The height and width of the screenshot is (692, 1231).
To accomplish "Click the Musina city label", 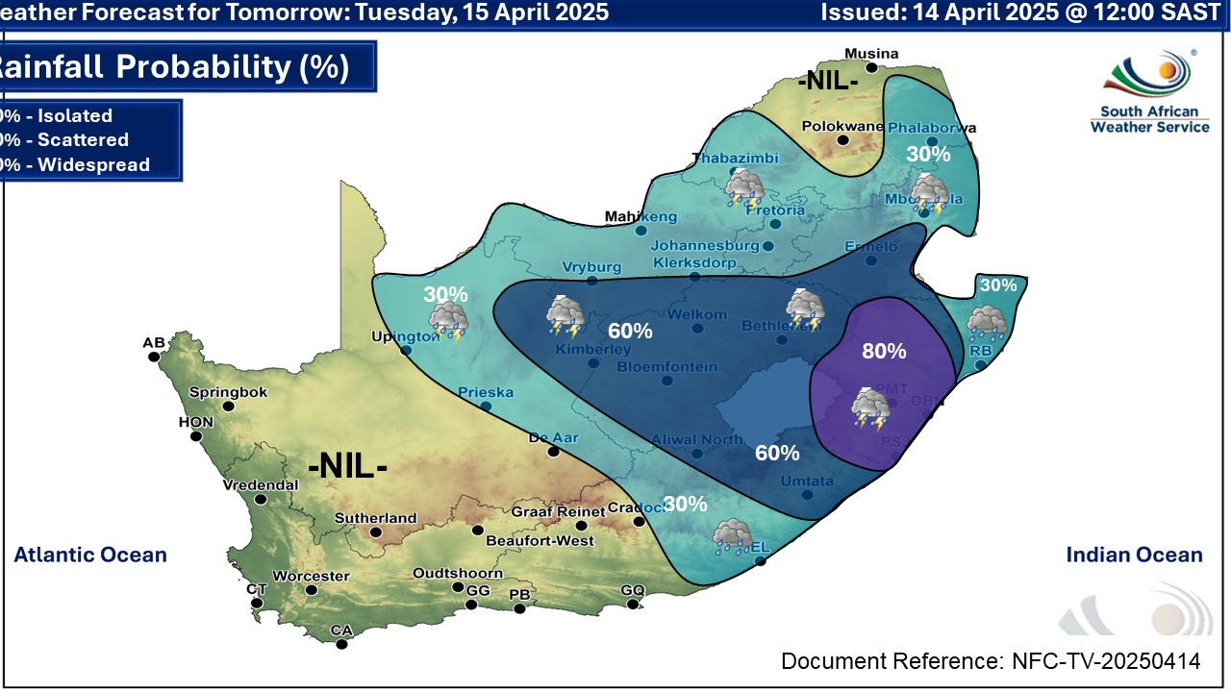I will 870,54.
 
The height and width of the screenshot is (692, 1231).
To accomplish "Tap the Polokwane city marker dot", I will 842,140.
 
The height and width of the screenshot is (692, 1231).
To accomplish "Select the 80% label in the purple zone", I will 883,352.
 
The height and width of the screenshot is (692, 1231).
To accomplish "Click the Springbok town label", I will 228,392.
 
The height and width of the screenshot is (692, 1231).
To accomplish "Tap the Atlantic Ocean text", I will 90,555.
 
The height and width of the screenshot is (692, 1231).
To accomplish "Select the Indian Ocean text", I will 1134,555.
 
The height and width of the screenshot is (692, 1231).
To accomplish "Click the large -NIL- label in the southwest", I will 347,468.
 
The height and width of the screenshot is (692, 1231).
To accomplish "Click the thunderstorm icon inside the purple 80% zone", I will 869,408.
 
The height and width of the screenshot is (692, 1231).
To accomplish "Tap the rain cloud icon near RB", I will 987,323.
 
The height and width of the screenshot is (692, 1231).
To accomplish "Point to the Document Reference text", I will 991,661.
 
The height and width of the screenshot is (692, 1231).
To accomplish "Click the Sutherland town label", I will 375,518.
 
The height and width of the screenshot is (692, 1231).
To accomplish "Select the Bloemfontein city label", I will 666,367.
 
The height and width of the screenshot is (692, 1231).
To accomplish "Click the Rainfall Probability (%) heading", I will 173,67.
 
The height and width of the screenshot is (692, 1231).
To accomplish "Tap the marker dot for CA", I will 342,644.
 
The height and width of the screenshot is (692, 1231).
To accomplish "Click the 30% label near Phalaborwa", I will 929,154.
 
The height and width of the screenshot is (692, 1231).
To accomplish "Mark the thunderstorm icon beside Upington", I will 448,322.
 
